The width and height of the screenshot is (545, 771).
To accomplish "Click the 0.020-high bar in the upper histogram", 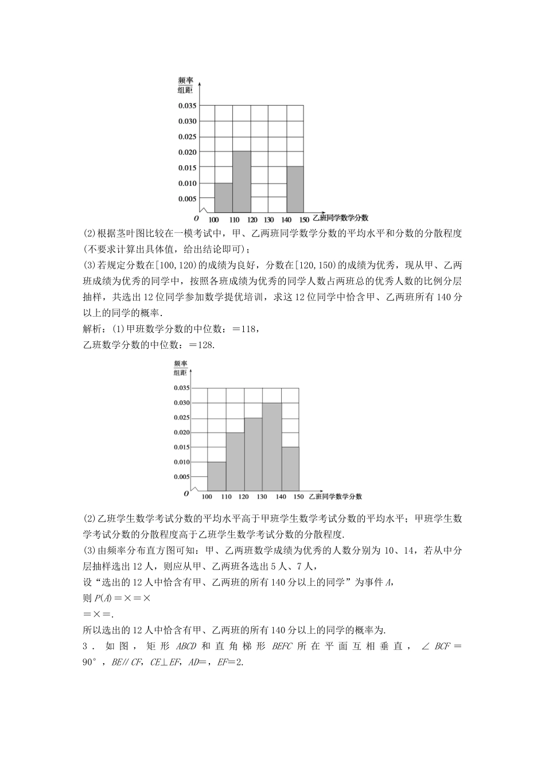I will (x=241, y=181).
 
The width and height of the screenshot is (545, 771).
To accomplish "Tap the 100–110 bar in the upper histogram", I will (x=223, y=197).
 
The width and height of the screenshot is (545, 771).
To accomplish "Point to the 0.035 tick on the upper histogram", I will (x=187, y=106).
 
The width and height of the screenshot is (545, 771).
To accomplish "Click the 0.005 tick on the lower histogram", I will (x=182, y=477).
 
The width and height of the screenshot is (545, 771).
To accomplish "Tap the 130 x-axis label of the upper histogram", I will (x=268, y=220).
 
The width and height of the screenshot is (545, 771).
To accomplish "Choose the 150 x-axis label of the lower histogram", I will (x=298, y=497).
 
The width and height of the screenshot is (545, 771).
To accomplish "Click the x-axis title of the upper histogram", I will (x=340, y=218).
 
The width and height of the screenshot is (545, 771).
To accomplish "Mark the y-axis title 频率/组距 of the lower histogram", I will (x=181, y=368).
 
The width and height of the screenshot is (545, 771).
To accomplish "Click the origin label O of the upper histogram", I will (x=196, y=219).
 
